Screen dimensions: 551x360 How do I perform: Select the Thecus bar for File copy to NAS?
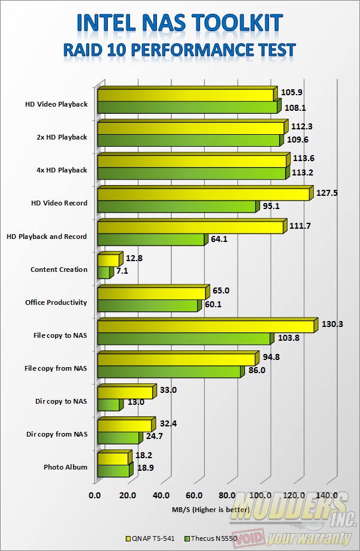tap(184, 340)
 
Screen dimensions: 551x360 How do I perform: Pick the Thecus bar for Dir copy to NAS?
tap(108, 405)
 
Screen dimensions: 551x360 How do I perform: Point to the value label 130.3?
tap(332, 324)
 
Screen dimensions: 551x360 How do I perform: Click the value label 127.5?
tap(327, 193)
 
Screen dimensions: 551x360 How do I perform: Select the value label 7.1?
tap(122, 271)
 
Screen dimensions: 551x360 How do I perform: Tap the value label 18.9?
tap(143, 471)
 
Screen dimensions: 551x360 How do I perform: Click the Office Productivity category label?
tap(56, 302)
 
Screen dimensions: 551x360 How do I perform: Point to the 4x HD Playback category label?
tap(61, 170)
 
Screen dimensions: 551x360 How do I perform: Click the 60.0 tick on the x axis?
tap(193, 495)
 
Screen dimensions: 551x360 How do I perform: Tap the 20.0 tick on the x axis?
tap(128, 495)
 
